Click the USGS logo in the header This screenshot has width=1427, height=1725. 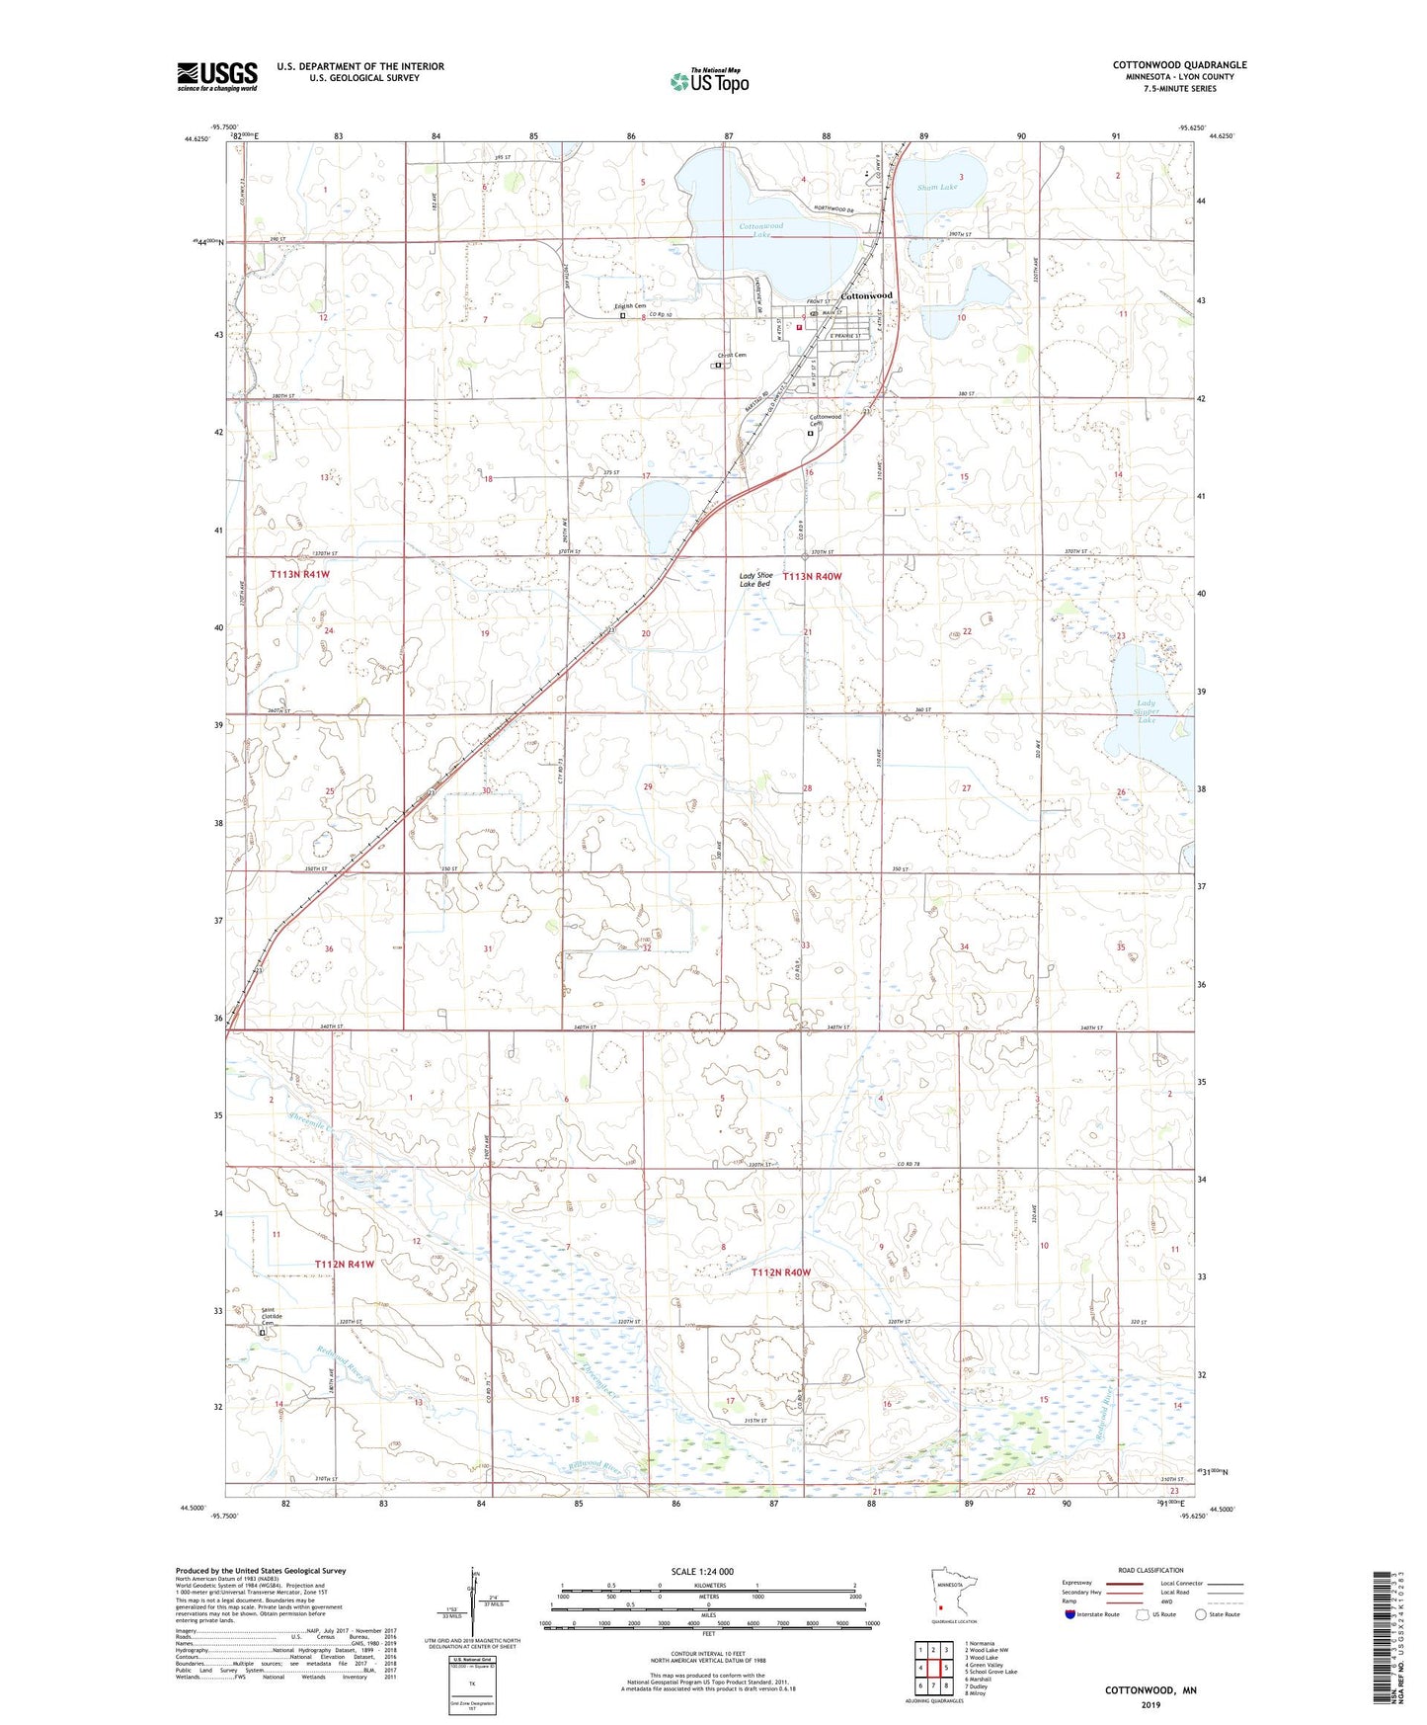coord(216,75)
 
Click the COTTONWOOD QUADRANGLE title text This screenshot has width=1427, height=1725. coord(1179,65)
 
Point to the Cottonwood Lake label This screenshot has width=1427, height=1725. coord(761,229)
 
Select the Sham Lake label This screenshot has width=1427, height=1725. coord(936,187)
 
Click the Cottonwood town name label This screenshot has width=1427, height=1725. coord(866,295)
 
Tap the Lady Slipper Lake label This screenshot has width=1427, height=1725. coord(1146,711)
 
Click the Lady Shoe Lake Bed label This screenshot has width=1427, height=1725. coord(756,580)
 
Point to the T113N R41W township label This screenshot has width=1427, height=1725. coord(300,573)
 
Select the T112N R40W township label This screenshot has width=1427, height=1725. coord(780,1273)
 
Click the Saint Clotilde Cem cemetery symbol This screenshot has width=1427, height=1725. coord(263,1332)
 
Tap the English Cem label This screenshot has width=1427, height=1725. coord(629,306)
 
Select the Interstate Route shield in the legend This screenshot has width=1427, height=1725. coord(1070,1614)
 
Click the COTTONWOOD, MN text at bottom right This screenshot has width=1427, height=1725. coord(1150,1690)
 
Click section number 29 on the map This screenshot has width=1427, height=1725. coord(648,786)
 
